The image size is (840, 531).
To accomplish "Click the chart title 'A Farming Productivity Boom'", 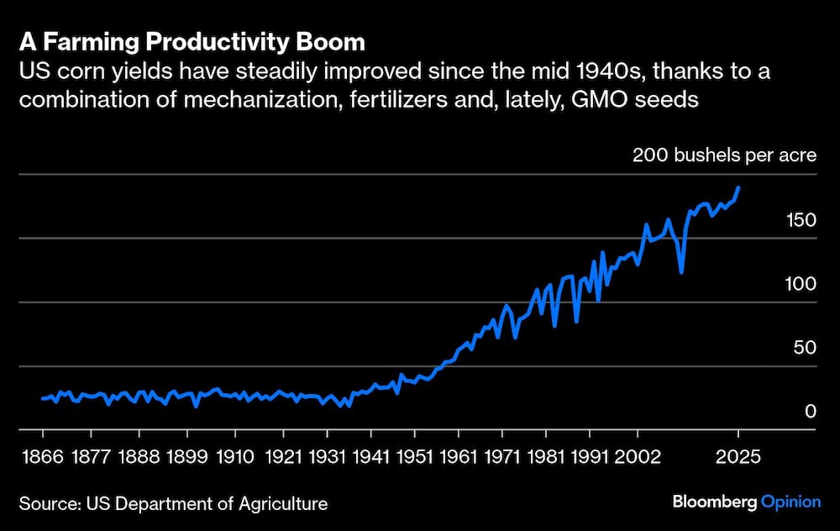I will tap(192, 42).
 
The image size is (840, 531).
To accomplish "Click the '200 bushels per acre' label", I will tap(724, 155).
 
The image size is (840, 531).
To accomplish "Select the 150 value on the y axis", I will tap(801, 220).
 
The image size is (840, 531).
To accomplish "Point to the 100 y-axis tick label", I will tap(801, 284).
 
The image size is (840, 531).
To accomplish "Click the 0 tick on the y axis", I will tap(810, 412).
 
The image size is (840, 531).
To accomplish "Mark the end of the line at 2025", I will tap(738, 188).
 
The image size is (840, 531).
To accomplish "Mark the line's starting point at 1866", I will tap(43, 398).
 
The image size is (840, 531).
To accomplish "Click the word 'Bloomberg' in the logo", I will tap(714, 502).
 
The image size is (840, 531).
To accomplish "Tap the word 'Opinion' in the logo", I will tap(790, 502).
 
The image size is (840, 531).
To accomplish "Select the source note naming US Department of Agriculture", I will tap(173, 503).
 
